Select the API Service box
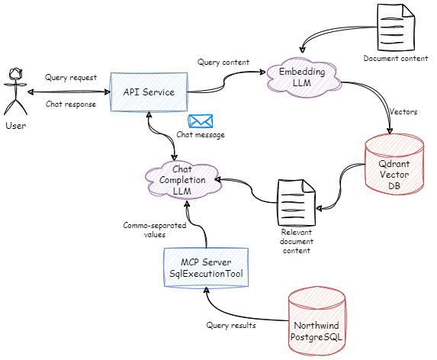149,92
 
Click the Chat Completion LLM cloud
182,179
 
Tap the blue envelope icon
200,121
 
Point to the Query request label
70,78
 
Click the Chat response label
71,104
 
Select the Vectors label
403,111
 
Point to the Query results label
232,325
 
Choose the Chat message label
201,135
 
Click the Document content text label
396,58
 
